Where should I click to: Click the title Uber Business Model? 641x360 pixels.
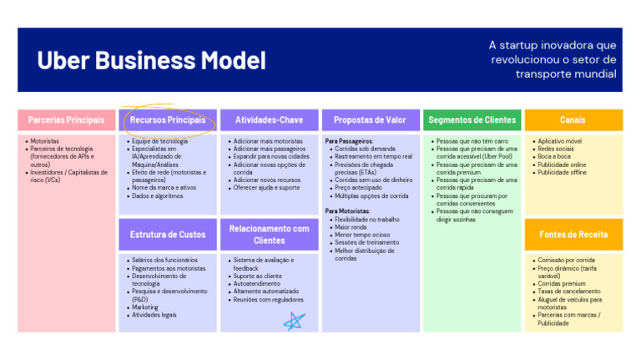tap(151, 60)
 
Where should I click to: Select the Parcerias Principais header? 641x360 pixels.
tap(66, 120)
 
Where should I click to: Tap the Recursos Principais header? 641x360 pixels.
tap(167, 120)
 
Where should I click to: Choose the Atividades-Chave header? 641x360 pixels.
tap(269, 120)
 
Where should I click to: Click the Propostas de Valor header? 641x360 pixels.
tap(370, 120)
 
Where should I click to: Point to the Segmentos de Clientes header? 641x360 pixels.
tap(472, 120)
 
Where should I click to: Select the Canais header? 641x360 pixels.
tap(573, 120)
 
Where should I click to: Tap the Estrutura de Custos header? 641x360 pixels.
tap(167, 235)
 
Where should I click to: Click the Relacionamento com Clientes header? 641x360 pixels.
tap(269, 235)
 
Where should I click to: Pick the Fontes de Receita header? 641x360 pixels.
tap(573, 235)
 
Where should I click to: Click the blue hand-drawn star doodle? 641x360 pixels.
tap(294, 321)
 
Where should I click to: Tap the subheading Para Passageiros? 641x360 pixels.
tap(349, 142)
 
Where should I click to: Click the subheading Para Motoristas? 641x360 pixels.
tap(347, 211)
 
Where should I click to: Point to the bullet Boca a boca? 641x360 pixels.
tap(554, 157)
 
